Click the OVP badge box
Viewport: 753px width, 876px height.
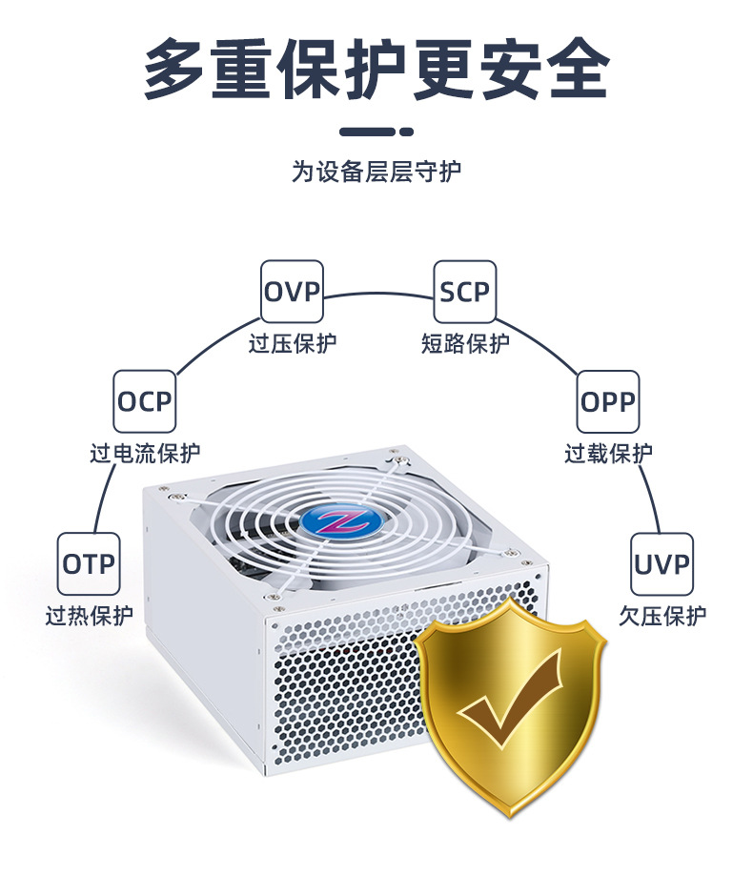(x=292, y=292)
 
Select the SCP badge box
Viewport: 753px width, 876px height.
(x=464, y=292)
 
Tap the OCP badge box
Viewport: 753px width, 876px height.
(x=145, y=401)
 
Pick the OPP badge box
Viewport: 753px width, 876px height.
(x=607, y=401)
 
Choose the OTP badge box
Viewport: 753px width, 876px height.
(x=89, y=563)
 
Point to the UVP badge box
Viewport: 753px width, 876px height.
(x=661, y=563)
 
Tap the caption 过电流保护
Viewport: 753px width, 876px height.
(x=146, y=453)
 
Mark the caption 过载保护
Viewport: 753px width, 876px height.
(x=608, y=453)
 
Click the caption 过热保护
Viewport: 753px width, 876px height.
(x=90, y=615)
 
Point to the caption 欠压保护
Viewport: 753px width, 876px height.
(x=662, y=615)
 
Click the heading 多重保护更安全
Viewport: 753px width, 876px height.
(x=376, y=69)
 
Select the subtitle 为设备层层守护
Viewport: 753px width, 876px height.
(x=376, y=172)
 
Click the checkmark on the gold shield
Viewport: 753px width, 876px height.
(x=510, y=705)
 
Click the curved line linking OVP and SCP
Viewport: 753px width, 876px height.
(x=378, y=292)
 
